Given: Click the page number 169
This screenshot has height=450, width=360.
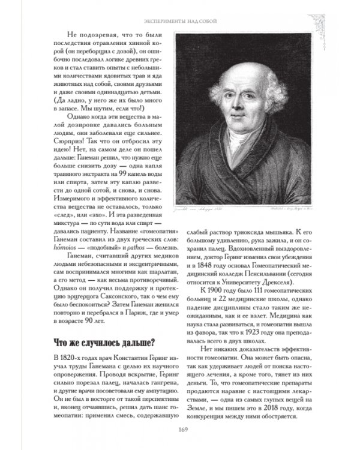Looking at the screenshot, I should (180, 428).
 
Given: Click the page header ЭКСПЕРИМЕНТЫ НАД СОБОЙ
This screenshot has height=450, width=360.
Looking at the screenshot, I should (180, 22).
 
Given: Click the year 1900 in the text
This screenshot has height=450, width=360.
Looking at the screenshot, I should (212, 290).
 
